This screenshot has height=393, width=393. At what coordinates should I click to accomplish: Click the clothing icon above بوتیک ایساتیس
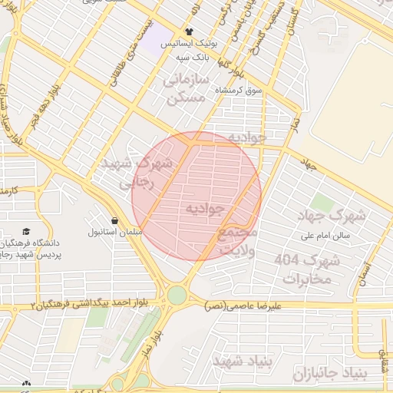tap(189, 31)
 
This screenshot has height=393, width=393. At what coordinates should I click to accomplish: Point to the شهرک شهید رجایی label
tap(128, 173)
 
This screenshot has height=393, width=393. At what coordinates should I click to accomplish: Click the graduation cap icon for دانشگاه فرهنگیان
tap(27, 232)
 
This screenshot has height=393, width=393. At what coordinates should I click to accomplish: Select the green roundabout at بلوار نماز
tap(177, 295)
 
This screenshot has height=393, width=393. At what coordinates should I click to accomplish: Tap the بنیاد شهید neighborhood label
tap(238, 360)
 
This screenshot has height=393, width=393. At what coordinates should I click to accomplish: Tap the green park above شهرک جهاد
tap(322, 204)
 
